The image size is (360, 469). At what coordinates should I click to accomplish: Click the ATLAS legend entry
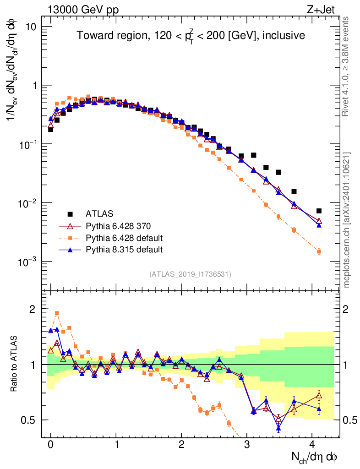coord(100,213)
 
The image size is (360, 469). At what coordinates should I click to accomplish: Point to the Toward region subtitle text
coord(191,36)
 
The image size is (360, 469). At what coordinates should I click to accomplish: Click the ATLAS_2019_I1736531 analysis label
coord(190,274)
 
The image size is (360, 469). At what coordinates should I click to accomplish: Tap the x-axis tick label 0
coord(50,444)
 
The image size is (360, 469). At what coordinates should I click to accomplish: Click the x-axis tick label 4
coord(312,444)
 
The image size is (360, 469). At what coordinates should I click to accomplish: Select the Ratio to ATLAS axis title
coord(15,364)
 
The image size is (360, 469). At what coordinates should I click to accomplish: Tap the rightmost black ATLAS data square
coord(319,211)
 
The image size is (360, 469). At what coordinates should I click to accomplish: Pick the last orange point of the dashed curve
coord(319,251)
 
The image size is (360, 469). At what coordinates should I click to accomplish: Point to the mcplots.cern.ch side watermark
coord(347,220)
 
